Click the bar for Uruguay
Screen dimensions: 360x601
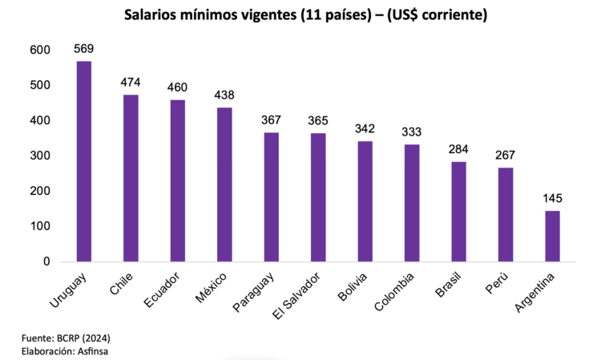83,161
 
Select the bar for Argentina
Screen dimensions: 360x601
552,236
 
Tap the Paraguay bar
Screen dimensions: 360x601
271,196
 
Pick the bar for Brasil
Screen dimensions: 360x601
458,211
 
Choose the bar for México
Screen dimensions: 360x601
224,184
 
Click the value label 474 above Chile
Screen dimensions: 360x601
131,82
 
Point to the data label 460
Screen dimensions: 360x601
177,87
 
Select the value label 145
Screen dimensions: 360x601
552,198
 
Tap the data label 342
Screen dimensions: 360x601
365,128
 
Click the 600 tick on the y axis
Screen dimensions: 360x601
39,50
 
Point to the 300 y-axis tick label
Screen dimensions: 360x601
39,156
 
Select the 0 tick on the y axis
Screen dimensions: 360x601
46,261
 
